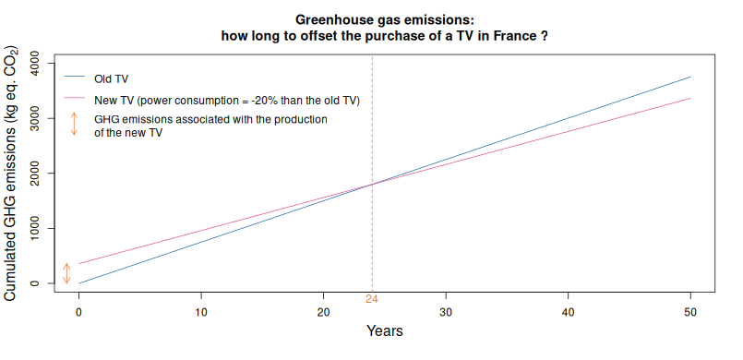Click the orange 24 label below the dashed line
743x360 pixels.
coord(372,298)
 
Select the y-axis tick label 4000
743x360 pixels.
coord(35,64)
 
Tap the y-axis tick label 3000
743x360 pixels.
coord(35,118)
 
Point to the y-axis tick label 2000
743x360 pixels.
coord(35,174)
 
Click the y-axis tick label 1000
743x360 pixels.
coord(35,228)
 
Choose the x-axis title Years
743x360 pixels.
coord(384,330)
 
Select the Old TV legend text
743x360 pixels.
coord(111,78)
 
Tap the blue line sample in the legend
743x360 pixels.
coord(74,78)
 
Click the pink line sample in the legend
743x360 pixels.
coord(74,99)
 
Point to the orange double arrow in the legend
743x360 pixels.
coord(74,125)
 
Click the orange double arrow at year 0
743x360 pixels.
coord(66,273)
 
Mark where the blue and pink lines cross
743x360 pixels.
coord(372,185)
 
